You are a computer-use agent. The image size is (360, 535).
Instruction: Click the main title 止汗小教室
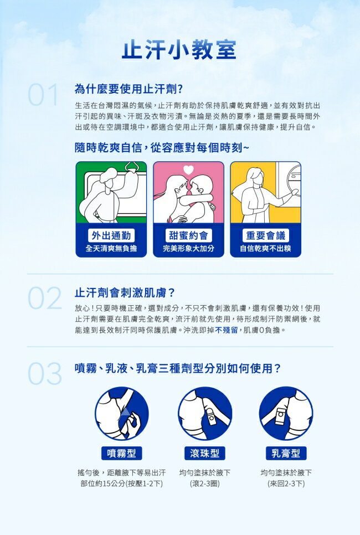[179, 50]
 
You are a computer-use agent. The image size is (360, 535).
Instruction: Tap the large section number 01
[43, 95]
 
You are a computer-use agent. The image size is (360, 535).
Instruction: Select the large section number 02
[45, 298]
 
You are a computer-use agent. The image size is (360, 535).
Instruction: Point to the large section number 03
[45, 374]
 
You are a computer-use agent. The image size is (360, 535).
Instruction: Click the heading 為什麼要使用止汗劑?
[128, 89]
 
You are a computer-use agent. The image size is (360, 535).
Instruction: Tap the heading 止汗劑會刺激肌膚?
[125, 293]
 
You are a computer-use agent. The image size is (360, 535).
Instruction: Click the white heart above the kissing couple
[188, 169]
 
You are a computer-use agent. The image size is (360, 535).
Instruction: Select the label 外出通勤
[111, 235]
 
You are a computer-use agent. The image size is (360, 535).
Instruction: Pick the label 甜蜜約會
[188, 235]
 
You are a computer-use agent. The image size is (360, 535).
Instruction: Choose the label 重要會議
[265, 235]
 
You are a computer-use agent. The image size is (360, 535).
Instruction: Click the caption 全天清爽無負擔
[111, 248]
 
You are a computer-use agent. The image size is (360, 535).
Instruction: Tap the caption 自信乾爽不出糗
[265, 248]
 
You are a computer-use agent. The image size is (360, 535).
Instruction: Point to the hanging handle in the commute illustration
[132, 168]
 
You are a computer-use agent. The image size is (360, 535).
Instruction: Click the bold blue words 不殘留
[226, 330]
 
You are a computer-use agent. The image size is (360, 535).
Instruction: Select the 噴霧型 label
[121, 453]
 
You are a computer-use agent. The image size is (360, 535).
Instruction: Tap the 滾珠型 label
[205, 453]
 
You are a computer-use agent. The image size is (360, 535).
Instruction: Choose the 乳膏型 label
[286, 453]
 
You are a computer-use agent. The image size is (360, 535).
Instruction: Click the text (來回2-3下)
[286, 483]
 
